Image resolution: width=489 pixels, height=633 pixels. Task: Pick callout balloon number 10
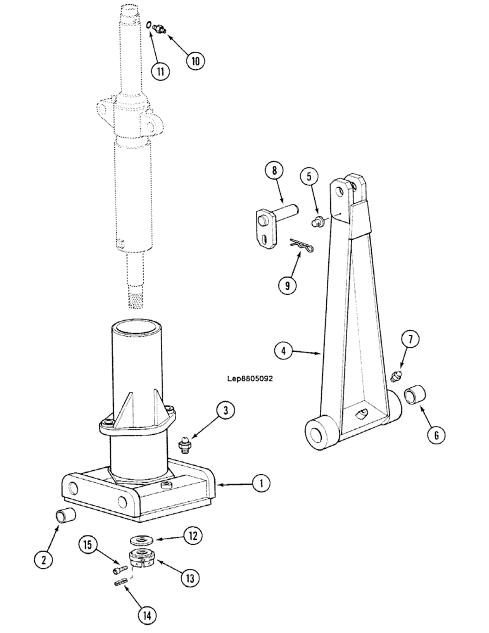point(195,61)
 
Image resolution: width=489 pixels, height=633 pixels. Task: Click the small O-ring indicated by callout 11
point(148,26)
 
